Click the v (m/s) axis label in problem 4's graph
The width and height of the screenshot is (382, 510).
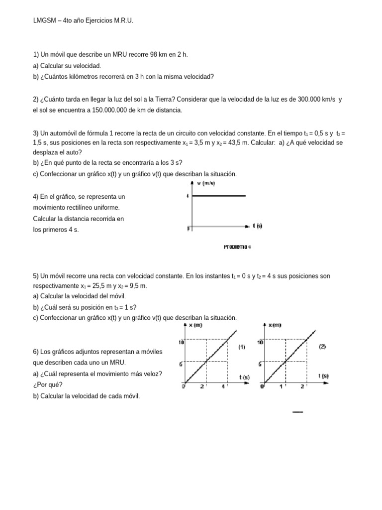click(206, 183)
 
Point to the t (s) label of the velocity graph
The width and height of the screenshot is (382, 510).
click(257, 226)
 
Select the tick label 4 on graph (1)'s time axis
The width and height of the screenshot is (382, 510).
click(224, 386)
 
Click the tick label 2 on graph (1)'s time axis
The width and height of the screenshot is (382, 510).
click(202, 386)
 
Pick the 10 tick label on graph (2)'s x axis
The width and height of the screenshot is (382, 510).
click(260, 342)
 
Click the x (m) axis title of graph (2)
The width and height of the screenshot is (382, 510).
click(275, 325)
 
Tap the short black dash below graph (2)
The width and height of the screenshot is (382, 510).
click(297, 412)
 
